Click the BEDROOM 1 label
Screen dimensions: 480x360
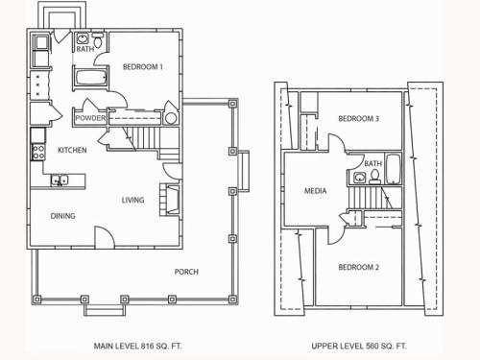[143, 67]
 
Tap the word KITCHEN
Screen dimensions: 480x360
[72, 150]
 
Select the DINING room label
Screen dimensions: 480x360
[63, 216]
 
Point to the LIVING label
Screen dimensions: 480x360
[132, 200]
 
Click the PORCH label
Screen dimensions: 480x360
[186, 272]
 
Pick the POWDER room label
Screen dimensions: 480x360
[90, 118]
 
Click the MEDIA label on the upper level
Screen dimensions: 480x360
[315, 191]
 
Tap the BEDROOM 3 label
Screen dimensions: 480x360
[358, 119]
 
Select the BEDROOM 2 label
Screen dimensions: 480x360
[358, 267]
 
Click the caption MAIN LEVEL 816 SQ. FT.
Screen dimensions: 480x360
[137, 346]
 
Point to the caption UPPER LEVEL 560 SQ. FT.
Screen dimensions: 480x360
[359, 346]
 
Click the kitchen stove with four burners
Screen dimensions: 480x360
[38, 152]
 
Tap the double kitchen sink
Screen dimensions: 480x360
[60, 180]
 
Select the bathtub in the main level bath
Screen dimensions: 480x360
[90, 77]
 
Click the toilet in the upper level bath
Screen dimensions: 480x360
[374, 177]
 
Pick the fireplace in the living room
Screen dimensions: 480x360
[169, 199]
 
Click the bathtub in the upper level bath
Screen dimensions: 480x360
[393, 169]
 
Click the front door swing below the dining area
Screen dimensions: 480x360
[105, 237]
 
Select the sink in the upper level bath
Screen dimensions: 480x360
[360, 178]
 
